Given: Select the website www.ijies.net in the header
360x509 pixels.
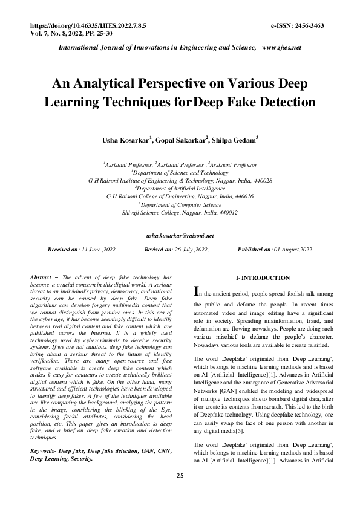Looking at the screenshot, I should pyautogui.click(x=281, y=47).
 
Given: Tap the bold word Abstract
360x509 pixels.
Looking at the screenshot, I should pyautogui.click(x=41, y=277).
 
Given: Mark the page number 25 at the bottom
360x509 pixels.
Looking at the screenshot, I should pyautogui.click(x=180, y=493).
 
